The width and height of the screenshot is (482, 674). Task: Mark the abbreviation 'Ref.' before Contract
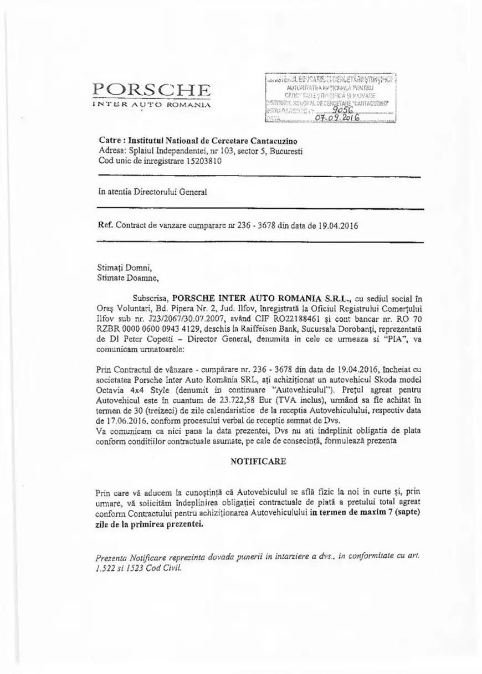(x=106, y=226)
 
